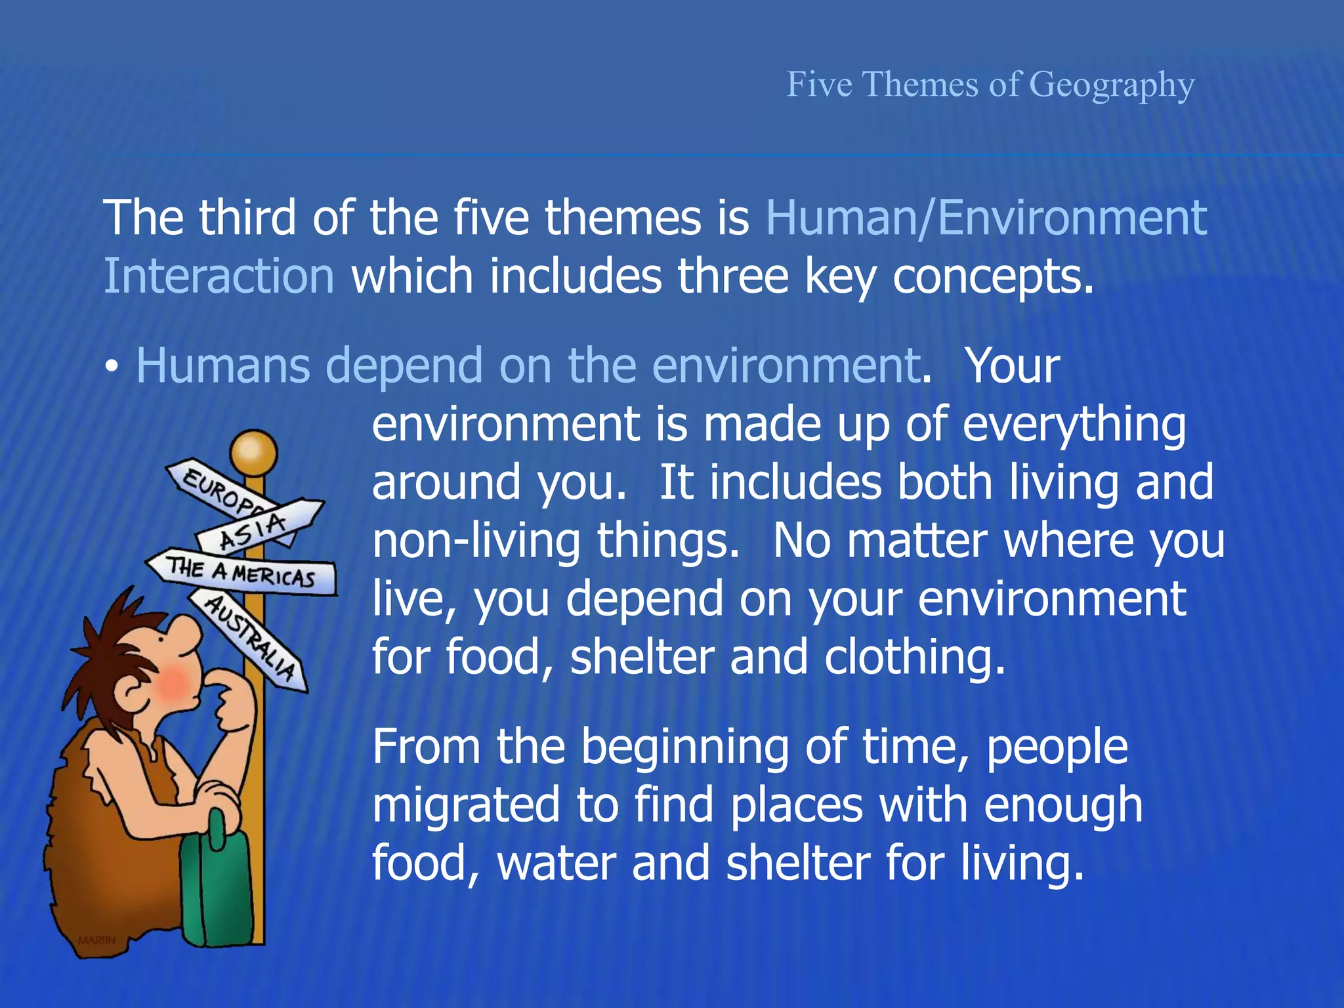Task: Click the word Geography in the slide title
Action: click(x=1112, y=85)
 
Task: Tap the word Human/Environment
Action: click(x=986, y=218)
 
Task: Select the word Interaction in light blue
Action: click(x=219, y=276)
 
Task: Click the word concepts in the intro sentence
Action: click(x=992, y=276)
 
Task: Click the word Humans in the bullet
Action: click(x=222, y=366)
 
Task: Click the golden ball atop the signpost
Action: click(x=253, y=451)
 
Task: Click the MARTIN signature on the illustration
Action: click(x=96, y=940)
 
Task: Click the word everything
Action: click(x=1074, y=425)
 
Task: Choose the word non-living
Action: click(x=476, y=541)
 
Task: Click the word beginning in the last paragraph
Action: click(x=685, y=747)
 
